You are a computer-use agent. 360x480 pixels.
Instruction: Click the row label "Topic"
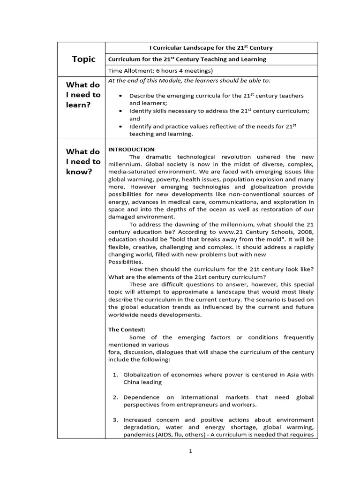[83, 59]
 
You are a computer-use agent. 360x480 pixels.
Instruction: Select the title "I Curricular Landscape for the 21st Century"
[210, 48]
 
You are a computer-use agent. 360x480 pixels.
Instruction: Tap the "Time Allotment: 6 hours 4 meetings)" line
[160, 71]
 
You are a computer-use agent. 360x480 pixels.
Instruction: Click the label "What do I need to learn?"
[83, 95]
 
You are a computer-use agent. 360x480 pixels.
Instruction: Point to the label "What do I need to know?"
[83, 161]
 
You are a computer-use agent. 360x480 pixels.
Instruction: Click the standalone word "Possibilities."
[126, 262]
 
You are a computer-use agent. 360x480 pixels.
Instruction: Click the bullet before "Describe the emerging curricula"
[121, 96]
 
